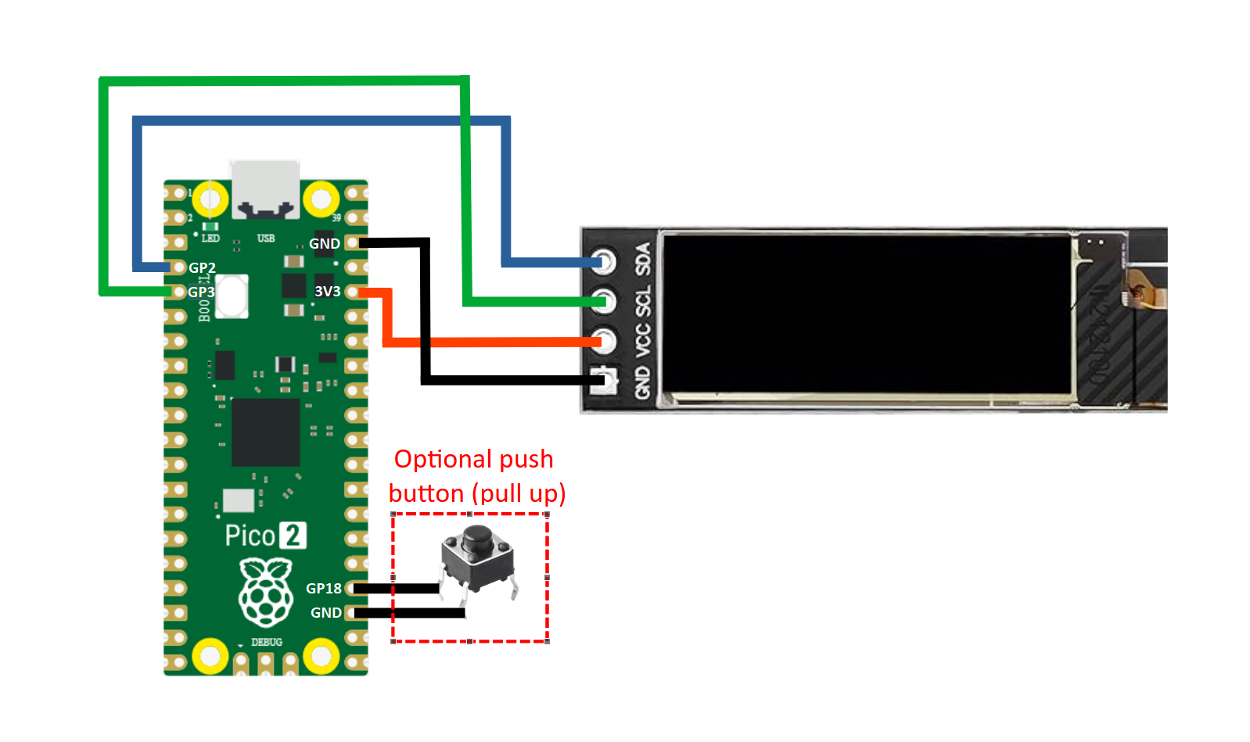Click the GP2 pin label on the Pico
pos(202,267)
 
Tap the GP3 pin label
pos(201,292)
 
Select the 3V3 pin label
pos(327,292)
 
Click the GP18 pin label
pos(324,588)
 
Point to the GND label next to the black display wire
pos(324,243)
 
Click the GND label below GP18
pos(325,613)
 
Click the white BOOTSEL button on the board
pos(232,296)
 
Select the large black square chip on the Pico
pos(266,432)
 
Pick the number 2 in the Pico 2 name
pos(293,536)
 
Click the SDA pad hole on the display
pos(604,260)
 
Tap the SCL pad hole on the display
pos(604,300)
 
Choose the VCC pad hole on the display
pos(604,340)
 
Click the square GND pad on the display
pos(604,381)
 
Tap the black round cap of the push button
pos(476,539)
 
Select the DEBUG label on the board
pos(267,642)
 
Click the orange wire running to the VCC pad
pos(501,342)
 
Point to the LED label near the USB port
pos(210,238)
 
